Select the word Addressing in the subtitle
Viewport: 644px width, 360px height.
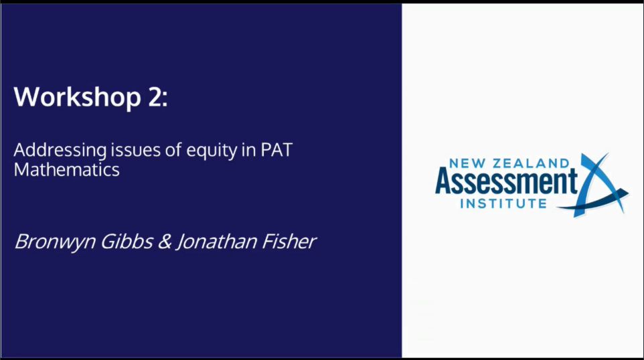click(x=54, y=149)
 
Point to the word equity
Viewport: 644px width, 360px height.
click(x=204, y=151)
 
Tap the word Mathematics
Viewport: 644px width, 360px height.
click(x=67, y=169)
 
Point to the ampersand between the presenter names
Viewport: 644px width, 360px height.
click(x=163, y=242)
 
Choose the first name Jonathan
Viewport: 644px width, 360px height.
click(x=215, y=242)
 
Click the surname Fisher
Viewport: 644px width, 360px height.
click(x=287, y=242)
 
